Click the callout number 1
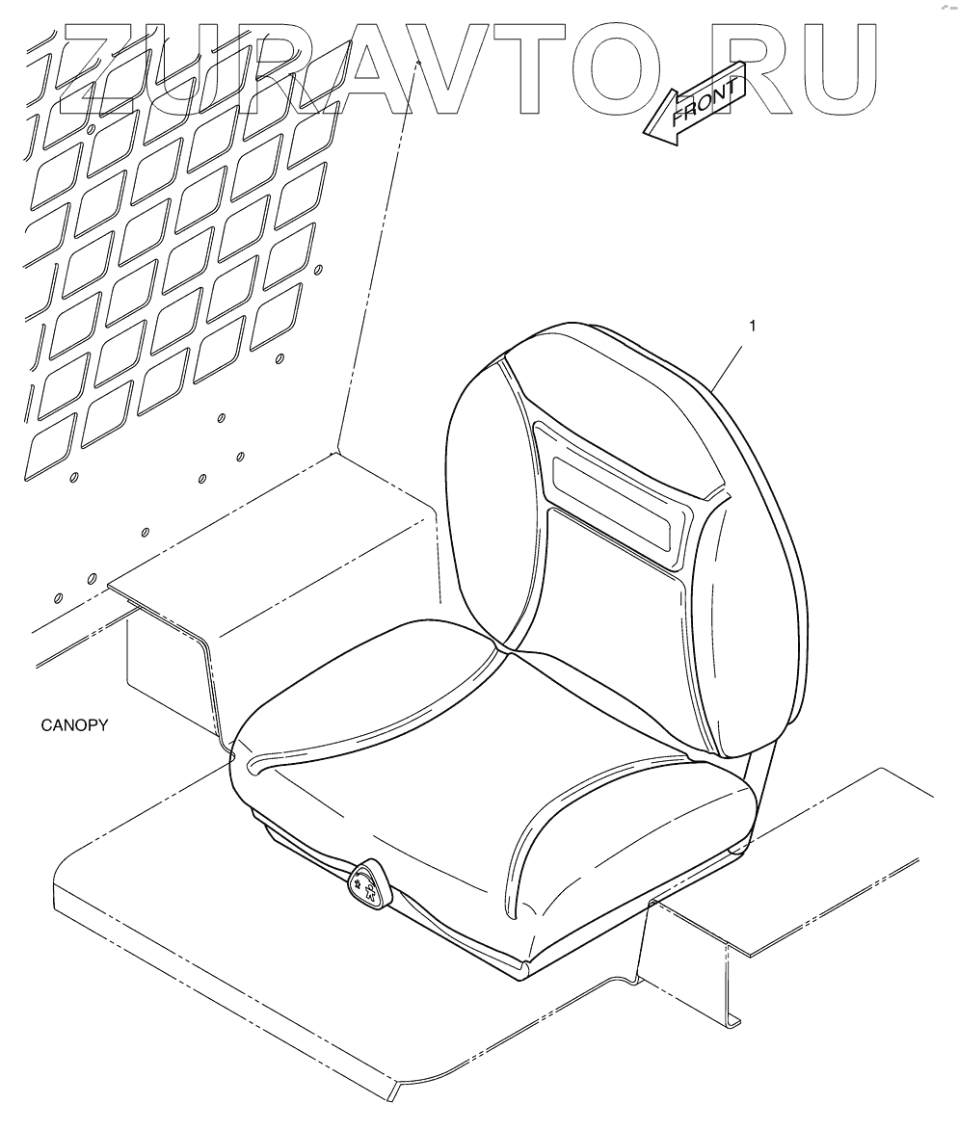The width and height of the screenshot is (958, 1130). click(752, 326)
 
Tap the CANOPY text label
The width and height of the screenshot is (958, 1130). click(73, 725)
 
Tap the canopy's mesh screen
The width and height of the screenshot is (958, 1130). click(173, 260)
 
